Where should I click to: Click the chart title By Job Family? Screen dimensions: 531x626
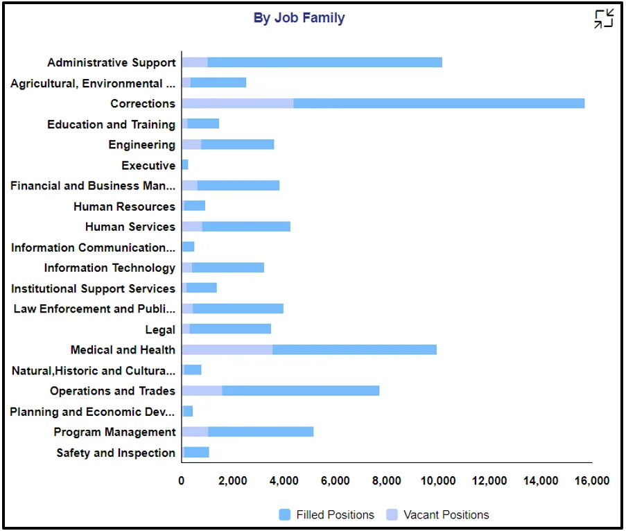pyautogui.click(x=299, y=18)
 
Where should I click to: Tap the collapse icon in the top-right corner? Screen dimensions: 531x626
pyautogui.click(x=603, y=19)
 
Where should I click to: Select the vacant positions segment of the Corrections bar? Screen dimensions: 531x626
pyautogui.click(x=237, y=103)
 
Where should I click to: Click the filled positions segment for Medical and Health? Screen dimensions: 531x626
pyautogui.click(x=354, y=349)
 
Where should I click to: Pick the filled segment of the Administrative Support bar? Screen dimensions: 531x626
pyautogui.click(x=324, y=62)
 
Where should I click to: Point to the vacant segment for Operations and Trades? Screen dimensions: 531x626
pyautogui.click(x=202, y=390)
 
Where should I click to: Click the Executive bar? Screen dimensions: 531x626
pyautogui.click(x=185, y=165)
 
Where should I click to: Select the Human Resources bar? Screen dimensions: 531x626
pyautogui.click(x=194, y=206)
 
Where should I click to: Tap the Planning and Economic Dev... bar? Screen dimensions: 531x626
pyautogui.click(x=188, y=411)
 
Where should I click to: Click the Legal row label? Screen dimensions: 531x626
pyautogui.click(x=160, y=330)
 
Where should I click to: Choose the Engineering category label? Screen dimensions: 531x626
pyautogui.click(x=141, y=145)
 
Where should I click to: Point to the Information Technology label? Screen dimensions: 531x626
pyautogui.click(x=110, y=268)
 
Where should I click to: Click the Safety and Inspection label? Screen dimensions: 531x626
pyautogui.click(x=116, y=453)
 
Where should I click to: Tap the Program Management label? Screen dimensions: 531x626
pyautogui.click(x=114, y=433)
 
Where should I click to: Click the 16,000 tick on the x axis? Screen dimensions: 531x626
pyautogui.click(x=592, y=481)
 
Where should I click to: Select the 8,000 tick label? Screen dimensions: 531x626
pyautogui.click(x=387, y=481)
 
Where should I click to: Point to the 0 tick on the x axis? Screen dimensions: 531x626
pyautogui.click(x=182, y=481)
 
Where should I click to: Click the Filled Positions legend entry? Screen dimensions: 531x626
pyautogui.click(x=327, y=514)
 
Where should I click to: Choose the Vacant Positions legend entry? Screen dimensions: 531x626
pyautogui.click(x=438, y=514)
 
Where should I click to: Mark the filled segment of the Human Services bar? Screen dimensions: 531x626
pyautogui.click(x=246, y=227)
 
